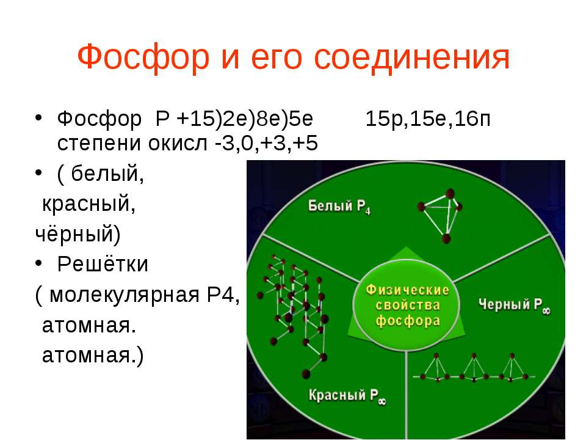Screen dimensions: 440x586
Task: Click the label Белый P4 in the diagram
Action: tap(339, 206)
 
